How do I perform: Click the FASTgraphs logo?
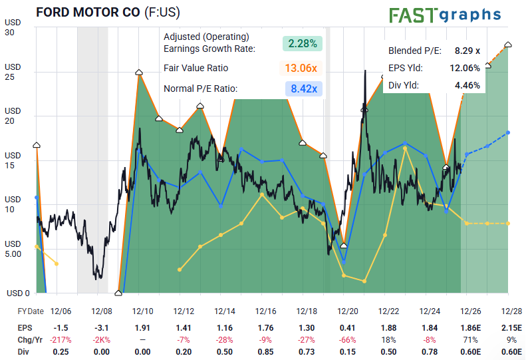click(445, 15)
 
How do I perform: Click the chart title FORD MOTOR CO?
click(88, 13)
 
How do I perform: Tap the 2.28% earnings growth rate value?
click(303, 43)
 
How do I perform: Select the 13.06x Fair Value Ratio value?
click(301, 68)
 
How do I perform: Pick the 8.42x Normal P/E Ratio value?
click(304, 89)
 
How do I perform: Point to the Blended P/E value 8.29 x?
click(467, 51)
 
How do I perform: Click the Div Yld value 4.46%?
click(467, 85)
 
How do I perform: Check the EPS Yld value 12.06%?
click(465, 68)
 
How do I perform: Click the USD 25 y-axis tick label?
click(13, 72)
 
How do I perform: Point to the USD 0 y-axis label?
click(18, 293)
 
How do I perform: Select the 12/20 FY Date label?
click(348, 311)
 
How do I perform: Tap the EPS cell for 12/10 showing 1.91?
click(142, 327)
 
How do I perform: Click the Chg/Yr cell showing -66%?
click(348, 340)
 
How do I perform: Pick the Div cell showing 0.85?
click(265, 352)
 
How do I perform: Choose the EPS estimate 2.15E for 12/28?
click(511, 327)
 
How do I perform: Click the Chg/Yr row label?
click(30, 340)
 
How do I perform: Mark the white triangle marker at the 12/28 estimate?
click(508, 45)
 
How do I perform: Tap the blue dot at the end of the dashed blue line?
click(508, 133)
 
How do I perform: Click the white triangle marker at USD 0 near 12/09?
click(118, 293)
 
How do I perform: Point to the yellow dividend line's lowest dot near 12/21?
click(364, 281)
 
